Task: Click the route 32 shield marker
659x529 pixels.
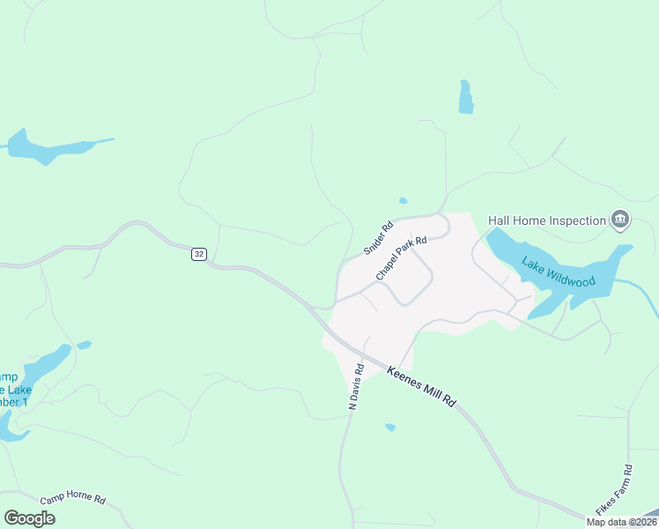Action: point(199,254)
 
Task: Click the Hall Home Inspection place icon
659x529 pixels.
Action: point(620,220)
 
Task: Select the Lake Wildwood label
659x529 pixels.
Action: point(559,273)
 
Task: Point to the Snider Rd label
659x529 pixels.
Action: point(378,238)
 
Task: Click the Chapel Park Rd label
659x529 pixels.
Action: point(401,258)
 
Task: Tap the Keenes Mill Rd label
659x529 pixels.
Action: point(422,388)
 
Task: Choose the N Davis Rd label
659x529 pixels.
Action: point(356,387)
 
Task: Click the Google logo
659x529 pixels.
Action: point(29,518)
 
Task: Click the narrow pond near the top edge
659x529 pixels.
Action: point(465,97)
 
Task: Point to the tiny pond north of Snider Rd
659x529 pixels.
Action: point(403,201)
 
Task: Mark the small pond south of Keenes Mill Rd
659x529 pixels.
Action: point(390,428)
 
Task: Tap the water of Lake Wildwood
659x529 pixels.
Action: point(520,256)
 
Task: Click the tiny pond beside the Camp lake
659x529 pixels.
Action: point(84,345)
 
